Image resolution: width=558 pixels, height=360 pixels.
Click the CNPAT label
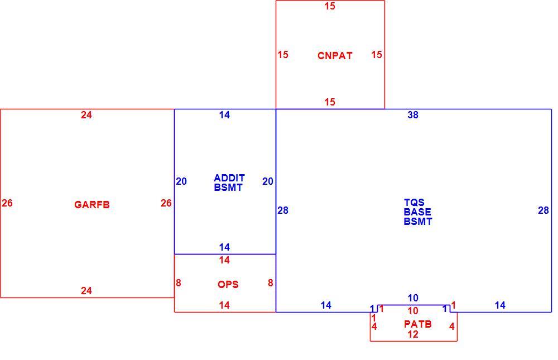[x=335, y=56]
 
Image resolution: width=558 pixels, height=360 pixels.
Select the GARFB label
[x=92, y=205]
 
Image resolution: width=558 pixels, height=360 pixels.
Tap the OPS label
[x=228, y=285]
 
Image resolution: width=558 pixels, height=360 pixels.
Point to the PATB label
[x=418, y=324]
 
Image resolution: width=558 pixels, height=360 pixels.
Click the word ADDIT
[x=229, y=177]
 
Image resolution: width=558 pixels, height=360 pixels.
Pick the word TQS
[x=414, y=203]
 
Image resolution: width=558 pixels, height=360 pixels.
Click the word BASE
[x=417, y=212]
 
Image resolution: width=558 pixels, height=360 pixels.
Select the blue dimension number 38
[x=413, y=115]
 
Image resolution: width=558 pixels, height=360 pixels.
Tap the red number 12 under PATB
[x=413, y=334]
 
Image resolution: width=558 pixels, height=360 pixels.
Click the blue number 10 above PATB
[x=413, y=298]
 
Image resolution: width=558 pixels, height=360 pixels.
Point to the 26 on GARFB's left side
[x=7, y=203]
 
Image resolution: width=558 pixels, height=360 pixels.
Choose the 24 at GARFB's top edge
[x=86, y=115]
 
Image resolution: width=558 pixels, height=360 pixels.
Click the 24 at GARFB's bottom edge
[x=86, y=291]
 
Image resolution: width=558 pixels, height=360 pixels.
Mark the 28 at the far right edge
[x=543, y=210]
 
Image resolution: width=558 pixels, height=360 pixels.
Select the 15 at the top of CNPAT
[x=330, y=6]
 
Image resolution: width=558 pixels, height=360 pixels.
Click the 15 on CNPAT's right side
[x=377, y=55]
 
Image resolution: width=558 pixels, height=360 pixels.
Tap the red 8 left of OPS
[x=179, y=283]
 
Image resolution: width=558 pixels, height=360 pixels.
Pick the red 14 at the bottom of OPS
[x=224, y=305]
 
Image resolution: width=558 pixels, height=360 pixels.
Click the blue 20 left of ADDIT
[x=181, y=181]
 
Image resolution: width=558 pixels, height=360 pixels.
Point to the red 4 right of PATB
[x=451, y=327]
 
